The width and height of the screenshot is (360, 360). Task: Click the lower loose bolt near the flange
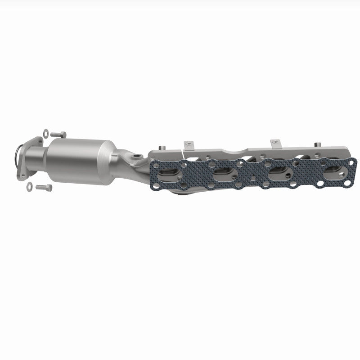coord(44,186)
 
